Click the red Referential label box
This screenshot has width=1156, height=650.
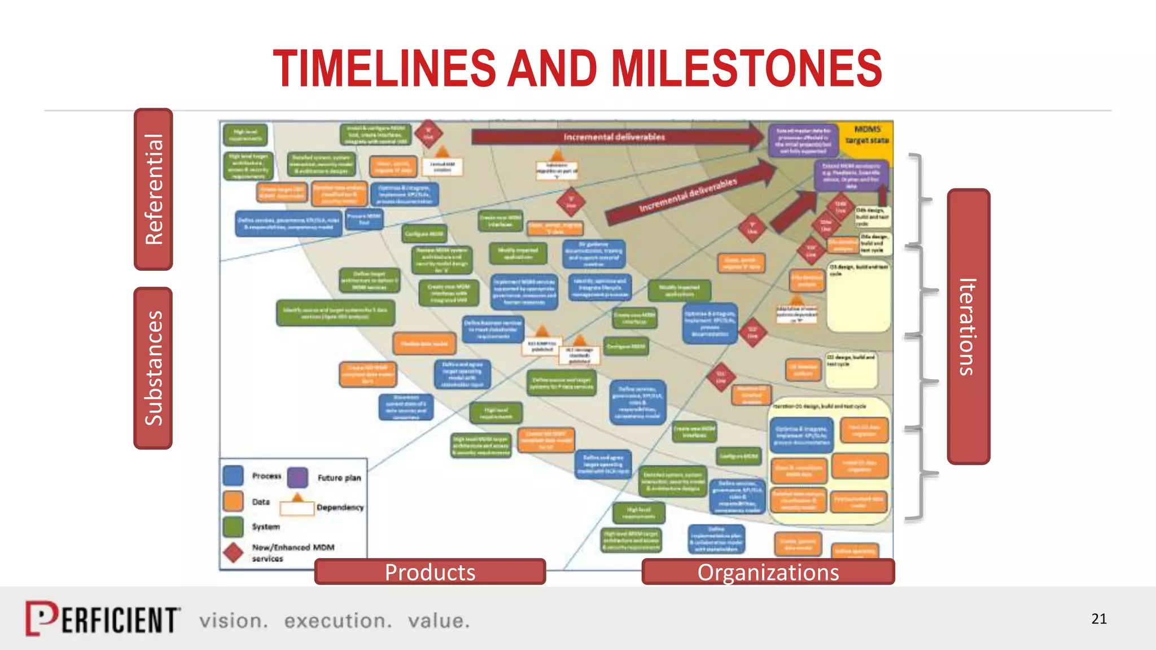[154, 190]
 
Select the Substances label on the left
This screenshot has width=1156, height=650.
[153, 368]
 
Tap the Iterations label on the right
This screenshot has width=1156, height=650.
[968, 327]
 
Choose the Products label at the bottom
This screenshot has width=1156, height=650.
[430, 572]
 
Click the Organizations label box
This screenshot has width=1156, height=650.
[768, 572]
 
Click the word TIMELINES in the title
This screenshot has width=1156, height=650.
[384, 68]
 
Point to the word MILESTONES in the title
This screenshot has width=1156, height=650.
[746, 68]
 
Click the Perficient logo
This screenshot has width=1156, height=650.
[103, 619]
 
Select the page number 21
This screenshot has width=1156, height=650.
[1098, 619]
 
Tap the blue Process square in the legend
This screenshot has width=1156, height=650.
[233, 476]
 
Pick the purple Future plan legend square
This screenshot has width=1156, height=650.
[297, 477]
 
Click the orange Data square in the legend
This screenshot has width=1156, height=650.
[233, 501]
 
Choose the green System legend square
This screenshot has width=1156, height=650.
[233, 526]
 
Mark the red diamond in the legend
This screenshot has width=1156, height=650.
[233, 552]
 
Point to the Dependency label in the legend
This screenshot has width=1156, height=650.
[340, 507]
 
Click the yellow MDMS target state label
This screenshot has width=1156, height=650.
[867, 135]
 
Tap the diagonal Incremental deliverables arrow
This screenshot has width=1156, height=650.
[689, 195]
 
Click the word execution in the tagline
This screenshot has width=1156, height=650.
[338, 621]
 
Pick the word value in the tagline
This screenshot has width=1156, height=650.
[439, 621]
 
